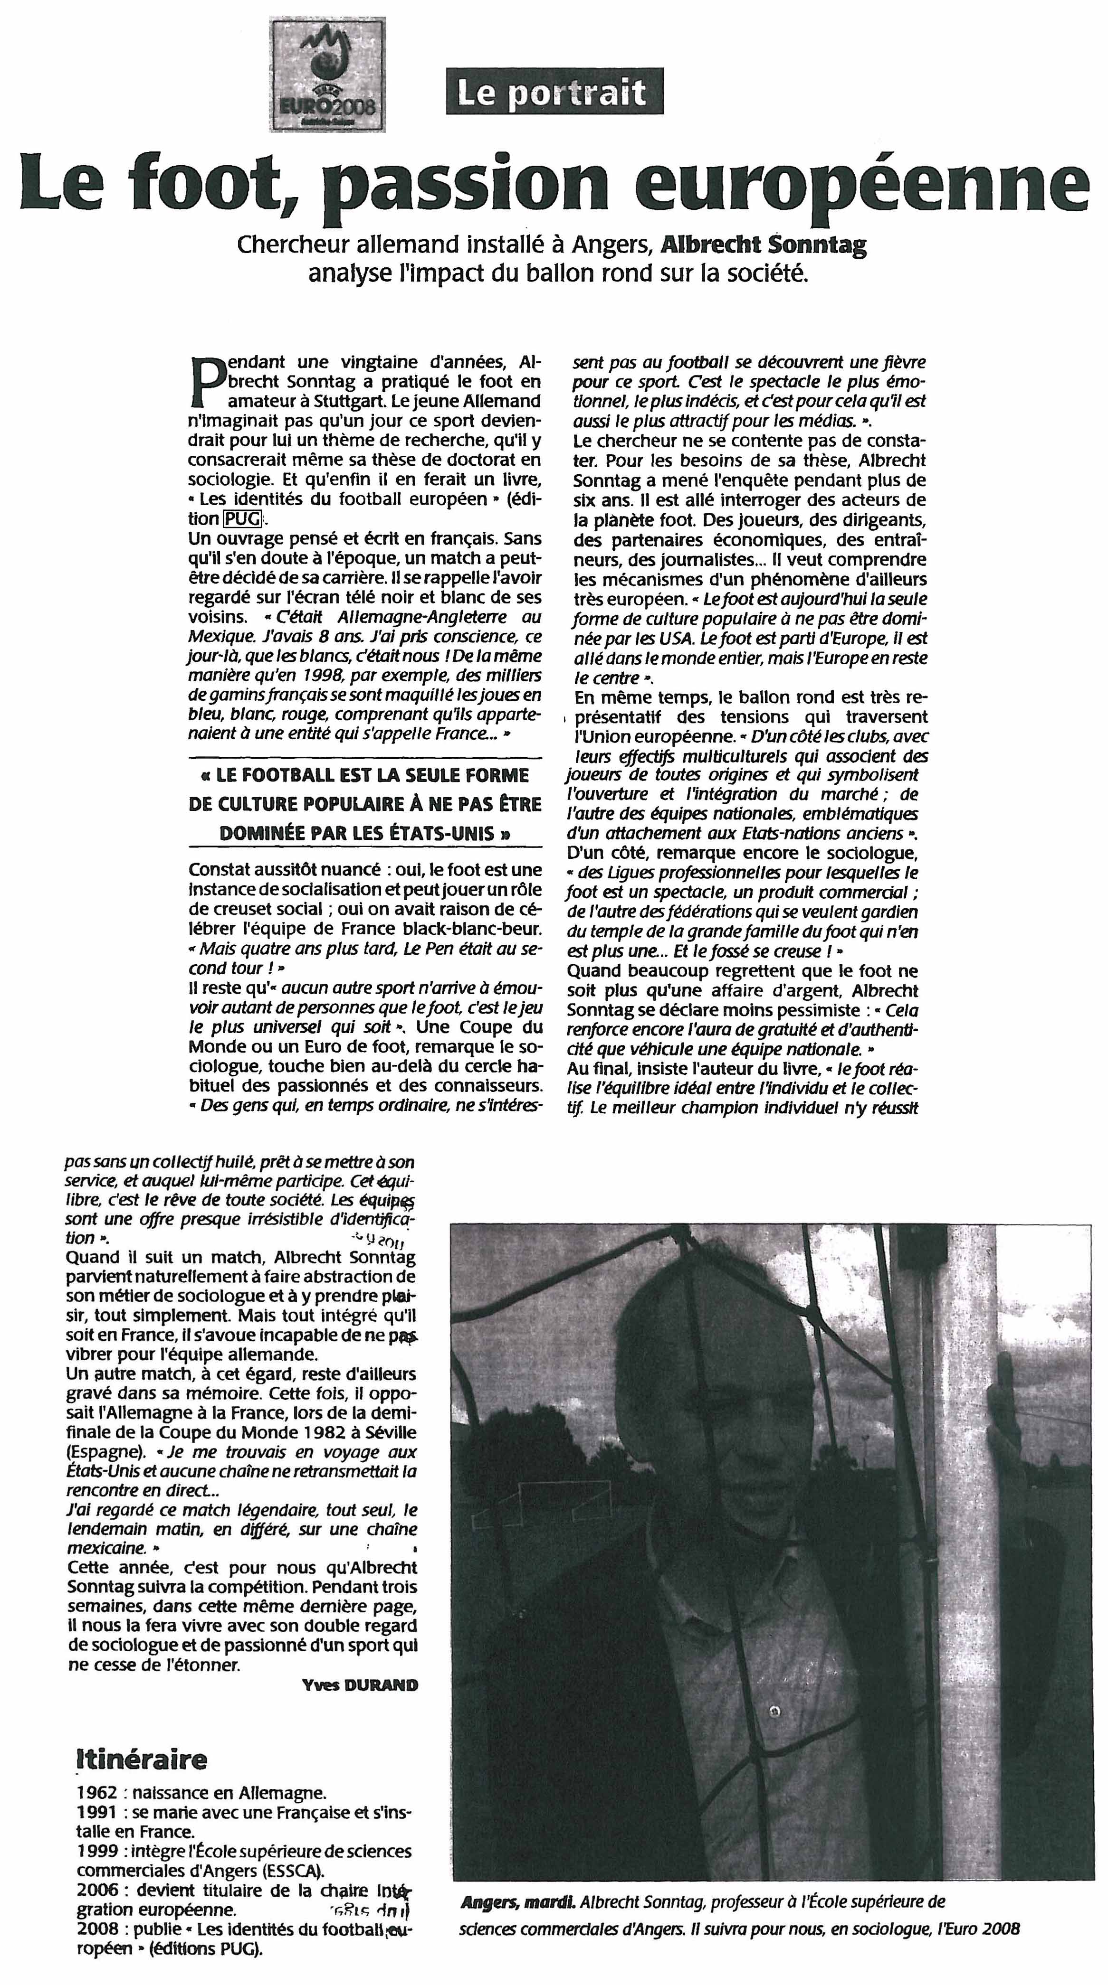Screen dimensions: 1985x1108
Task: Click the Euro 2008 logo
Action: tap(328, 75)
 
